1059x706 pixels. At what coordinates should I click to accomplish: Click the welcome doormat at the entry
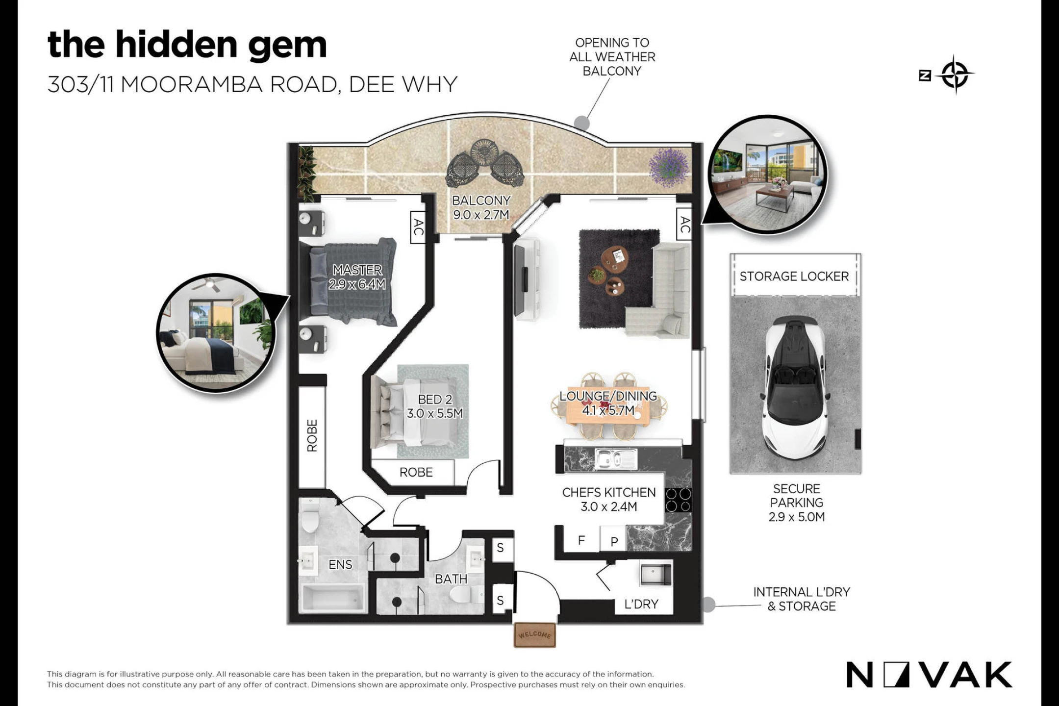pos(534,634)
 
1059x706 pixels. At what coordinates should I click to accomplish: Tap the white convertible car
pos(795,387)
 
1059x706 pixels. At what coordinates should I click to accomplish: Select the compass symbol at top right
pos(954,75)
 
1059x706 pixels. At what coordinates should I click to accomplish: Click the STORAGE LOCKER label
pos(794,277)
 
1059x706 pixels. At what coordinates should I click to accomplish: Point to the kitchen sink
pos(616,459)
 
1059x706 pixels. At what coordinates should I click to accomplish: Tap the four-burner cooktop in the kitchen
pos(679,500)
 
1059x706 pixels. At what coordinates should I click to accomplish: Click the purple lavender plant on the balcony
pos(668,167)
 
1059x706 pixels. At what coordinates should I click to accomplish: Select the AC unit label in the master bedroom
pos(417,227)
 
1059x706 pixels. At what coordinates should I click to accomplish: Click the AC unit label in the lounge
pos(684,225)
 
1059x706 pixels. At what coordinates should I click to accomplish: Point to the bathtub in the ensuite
pos(333,599)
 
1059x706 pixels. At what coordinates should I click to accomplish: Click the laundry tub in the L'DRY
pos(656,574)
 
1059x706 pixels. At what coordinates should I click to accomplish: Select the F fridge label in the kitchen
pos(581,540)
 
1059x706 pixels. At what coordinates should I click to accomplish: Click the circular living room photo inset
pos(767,175)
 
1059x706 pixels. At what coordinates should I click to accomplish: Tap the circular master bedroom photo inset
pos(216,333)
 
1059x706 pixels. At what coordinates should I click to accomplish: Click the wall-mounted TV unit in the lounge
pos(527,279)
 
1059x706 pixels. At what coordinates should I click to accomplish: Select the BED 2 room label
pos(435,400)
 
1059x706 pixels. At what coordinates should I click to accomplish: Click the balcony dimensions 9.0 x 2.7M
pos(481,215)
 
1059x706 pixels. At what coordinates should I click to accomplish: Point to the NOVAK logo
pos(929,675)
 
